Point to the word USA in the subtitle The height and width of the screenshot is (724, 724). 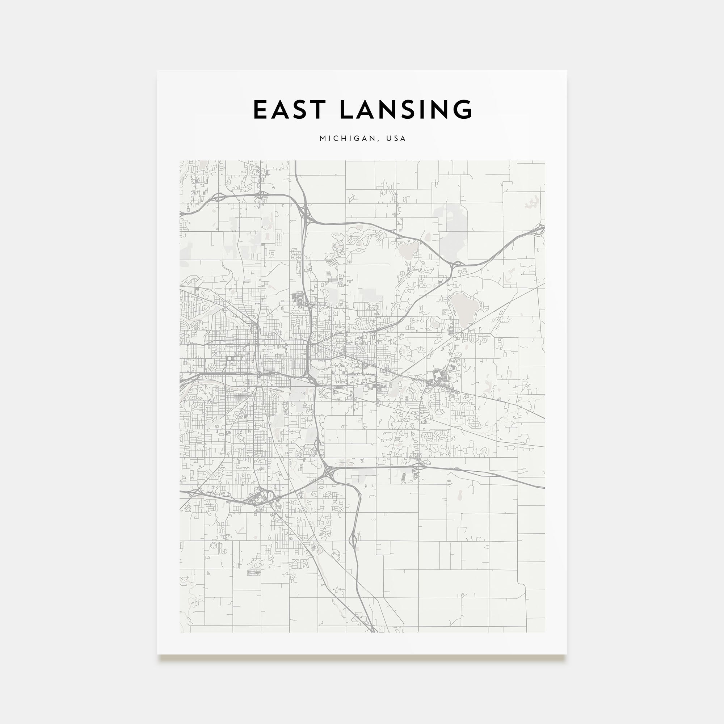pyautogui.click(x=396, y=138)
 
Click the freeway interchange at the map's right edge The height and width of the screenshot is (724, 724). pyautogui.click(x=540, y=229)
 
